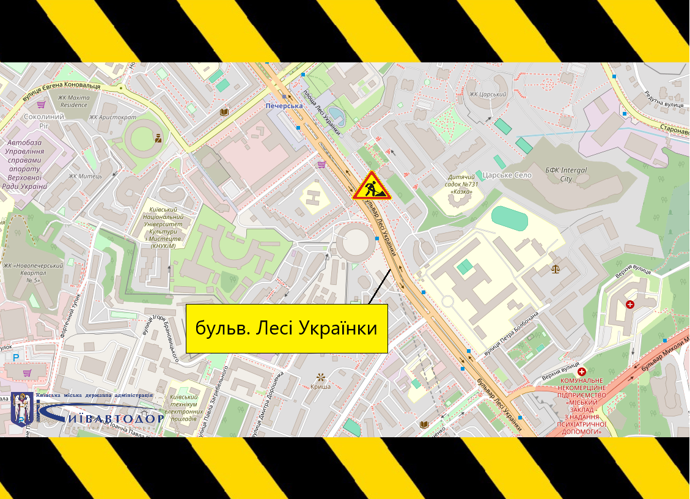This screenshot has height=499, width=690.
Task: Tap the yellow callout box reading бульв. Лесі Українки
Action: tap(287, 328)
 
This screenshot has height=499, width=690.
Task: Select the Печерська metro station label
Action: tap(284, 106)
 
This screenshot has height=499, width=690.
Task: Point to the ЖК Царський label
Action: tap(488, 94)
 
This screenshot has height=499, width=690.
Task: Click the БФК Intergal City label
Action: tap(565, 174)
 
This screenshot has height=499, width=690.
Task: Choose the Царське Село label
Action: tap(507, 175)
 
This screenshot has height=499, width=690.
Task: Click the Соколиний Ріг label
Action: tap(44, 121)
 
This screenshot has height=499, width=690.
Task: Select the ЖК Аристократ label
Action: tap(112, 117)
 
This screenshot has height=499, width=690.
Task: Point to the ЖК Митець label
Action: tap(85, 176)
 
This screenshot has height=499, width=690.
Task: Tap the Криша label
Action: tap(320, 386)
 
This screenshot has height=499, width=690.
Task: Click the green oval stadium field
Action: tap(509, 218)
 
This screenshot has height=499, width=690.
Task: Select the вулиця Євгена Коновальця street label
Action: tap(61, 86)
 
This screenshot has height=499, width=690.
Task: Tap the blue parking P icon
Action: tap(17, 358)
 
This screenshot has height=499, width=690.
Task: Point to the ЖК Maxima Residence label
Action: tap(73, 101)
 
